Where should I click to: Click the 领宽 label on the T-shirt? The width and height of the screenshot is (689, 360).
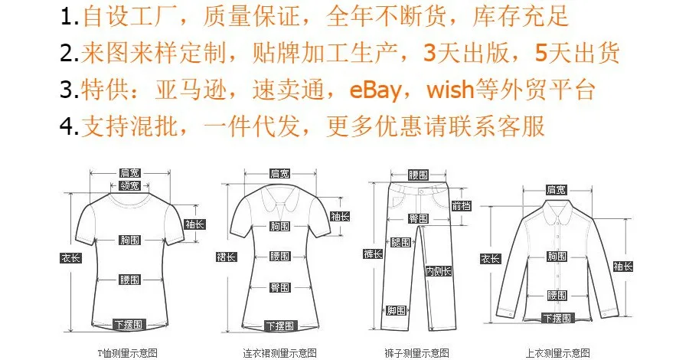coord(129,185)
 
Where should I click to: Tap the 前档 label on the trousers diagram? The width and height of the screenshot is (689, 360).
coord(461,205)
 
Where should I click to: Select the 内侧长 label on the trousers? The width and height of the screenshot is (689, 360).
coord(438,270)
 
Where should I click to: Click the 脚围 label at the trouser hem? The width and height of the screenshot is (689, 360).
coord(396,310)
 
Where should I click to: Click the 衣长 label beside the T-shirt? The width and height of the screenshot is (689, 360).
coord(70,257)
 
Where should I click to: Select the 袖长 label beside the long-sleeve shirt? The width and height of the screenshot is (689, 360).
coord(622,267)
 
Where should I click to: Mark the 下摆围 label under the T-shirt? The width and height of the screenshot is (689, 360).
coord(128,325)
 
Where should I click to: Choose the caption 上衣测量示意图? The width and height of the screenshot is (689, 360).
coord(557,353)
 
